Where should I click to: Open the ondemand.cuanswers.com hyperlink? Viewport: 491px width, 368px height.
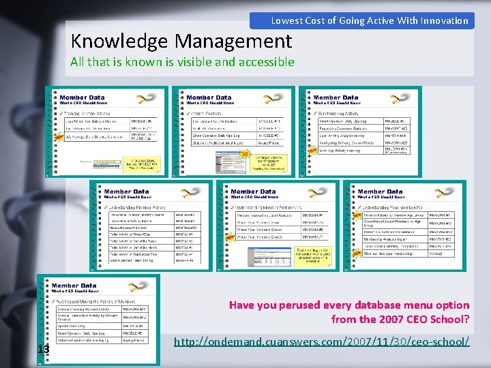tap(322, 340)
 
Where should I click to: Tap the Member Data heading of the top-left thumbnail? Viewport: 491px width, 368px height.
tap(82, 97)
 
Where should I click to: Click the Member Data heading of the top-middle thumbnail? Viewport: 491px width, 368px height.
tap(209, 97)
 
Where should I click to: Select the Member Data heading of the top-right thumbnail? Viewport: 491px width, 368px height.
tap(336, 97)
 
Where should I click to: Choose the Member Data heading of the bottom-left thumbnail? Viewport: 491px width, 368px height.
tap(74, 286)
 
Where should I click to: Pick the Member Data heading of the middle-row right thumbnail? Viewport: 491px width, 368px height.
tap(380, 191)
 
